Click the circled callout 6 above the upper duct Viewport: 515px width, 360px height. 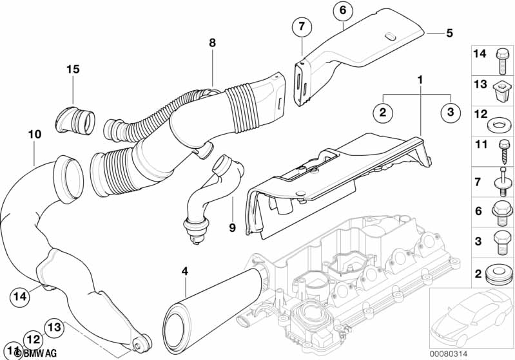[x=342, y=10]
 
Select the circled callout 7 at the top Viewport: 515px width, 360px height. [x=300, y=28]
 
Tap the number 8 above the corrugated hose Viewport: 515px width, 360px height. [x=211, y=43]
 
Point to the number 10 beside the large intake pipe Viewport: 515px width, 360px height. [x=35, y=134]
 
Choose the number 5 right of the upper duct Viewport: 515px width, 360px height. [x=450, y=32]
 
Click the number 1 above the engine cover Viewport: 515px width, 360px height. [x=420, y=81]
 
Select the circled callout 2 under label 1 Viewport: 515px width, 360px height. [x=382, y=112]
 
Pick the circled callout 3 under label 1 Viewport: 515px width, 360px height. [x=451, y=112]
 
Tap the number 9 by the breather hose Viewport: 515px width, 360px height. [x=232, y=227]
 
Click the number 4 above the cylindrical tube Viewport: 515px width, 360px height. [x=184, y=272]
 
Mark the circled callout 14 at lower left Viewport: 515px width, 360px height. [x=20, y=296]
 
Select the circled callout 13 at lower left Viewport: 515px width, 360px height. [x=55, y=327]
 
